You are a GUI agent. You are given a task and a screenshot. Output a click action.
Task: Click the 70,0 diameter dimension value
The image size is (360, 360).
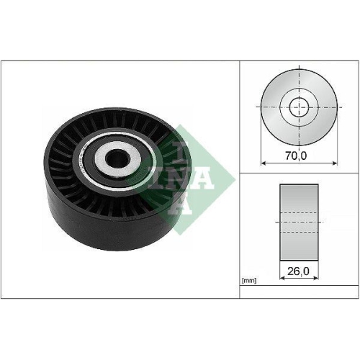coord(296,153)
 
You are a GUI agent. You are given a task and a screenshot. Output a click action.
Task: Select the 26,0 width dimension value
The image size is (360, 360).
coord(296,273)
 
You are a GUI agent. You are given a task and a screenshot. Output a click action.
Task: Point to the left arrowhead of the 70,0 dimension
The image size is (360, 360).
coord(263,163)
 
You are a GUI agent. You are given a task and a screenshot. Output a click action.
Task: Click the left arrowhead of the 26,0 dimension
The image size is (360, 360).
coord(281,282)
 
